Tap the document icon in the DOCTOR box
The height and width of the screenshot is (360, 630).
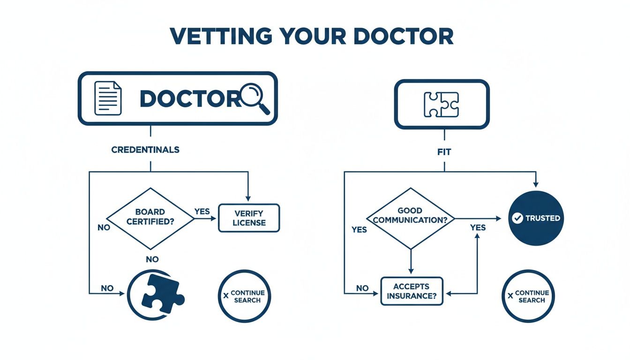pos(108,98)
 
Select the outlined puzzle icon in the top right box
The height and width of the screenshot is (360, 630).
pos(441,104)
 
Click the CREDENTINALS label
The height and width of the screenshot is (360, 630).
pos(145,150)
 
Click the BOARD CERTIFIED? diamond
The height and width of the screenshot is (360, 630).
pos(150,218)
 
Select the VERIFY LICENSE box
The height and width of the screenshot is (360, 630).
pos(249,218)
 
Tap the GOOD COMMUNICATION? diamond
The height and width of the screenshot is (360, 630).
pos(410,218)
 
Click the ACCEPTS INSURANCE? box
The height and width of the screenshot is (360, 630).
pos(412,291)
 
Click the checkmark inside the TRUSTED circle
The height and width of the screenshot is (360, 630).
pos(517,218)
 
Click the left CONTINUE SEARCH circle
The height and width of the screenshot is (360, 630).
pos(245,296)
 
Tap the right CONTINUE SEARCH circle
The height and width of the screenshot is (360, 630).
pos(528,296)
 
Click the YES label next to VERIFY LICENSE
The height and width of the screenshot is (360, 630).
pos(202,211)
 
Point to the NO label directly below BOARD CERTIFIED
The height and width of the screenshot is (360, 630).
pos(152,259)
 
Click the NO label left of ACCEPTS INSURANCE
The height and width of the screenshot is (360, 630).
pos(362,288)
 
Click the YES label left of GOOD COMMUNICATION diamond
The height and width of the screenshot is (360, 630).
pos(359,230)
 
